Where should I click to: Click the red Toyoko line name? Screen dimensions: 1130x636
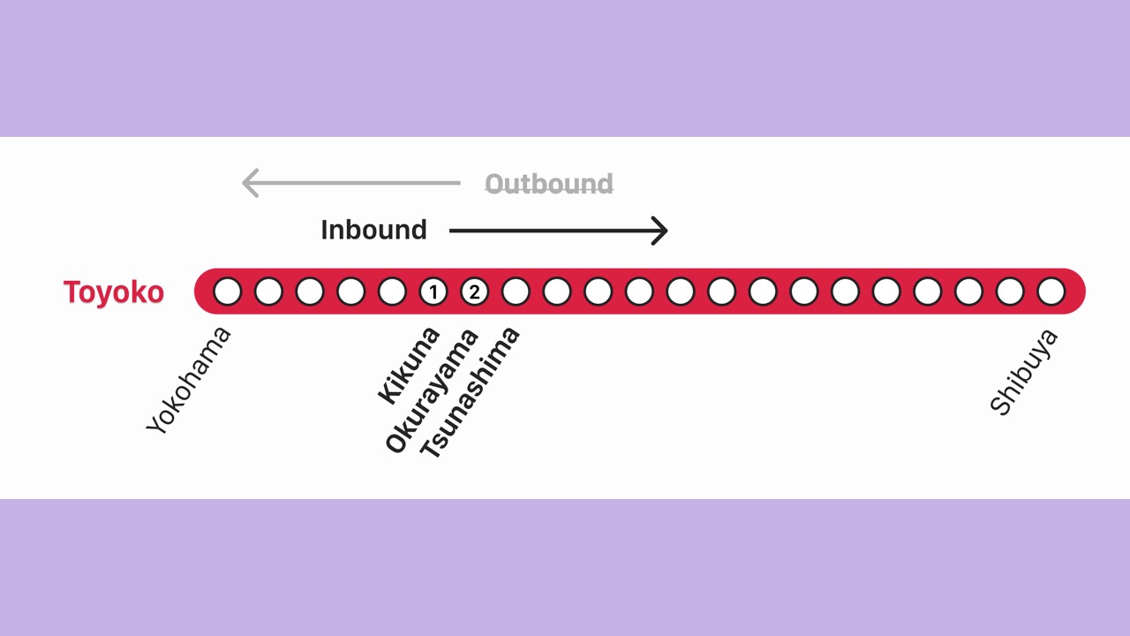click(114, 292)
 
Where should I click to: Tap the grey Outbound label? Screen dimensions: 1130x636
click(549, 183)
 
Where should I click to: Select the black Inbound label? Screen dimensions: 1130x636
click(373, 230)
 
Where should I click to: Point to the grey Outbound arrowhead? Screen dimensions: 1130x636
click(251, 183)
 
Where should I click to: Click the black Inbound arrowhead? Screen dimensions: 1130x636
click(659, 231)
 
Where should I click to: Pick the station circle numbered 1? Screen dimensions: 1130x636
click(433, 291)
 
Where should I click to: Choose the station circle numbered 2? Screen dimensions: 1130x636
click(474, 291)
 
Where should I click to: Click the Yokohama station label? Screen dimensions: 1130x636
click(188, 380)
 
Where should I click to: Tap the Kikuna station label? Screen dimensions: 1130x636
click(409, 366)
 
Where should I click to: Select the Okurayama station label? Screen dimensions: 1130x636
click(432, 390)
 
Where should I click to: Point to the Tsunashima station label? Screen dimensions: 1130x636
click(469, 393)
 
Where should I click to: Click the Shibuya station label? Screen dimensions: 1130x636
click(1023, 373)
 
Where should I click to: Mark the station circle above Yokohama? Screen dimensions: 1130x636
click(228, 291)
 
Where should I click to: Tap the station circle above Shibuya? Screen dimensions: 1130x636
click(1051, 291)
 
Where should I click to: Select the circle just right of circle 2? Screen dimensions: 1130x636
click(516, 291)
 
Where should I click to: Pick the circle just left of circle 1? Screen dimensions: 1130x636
click(392, 291)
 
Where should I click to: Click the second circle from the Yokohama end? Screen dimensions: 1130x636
click(269, 291)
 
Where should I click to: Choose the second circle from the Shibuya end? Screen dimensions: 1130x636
click(1010, 291)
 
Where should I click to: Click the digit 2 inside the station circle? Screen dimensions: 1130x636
click(474, 291)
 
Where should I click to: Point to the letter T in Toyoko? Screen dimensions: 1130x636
click(72, 291)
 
